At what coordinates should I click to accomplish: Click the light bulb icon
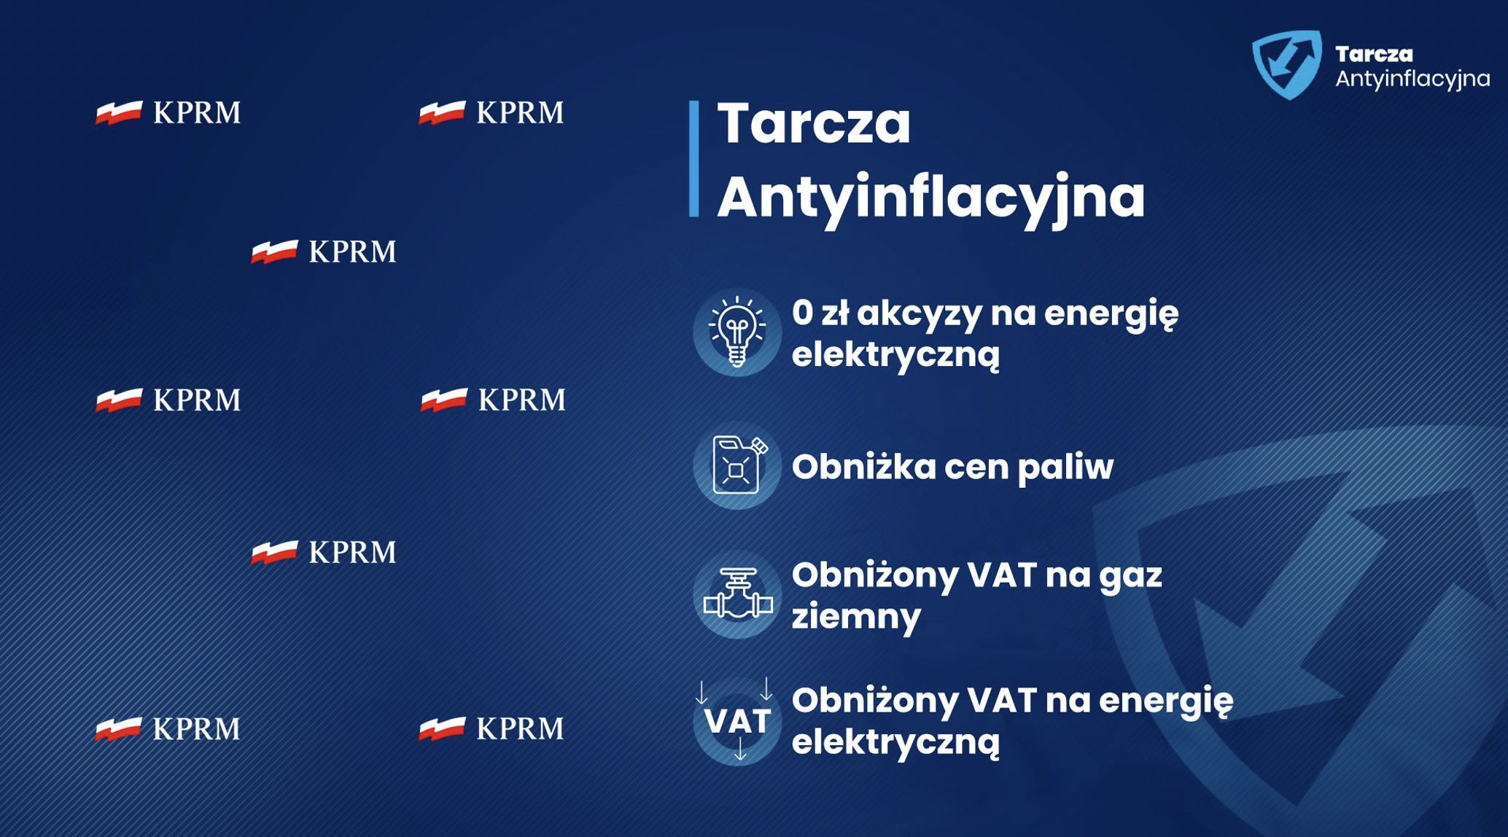(x=737, y=332)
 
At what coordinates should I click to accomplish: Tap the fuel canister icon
(x=737, y=465)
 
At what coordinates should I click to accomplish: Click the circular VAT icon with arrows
(x=737, y=721)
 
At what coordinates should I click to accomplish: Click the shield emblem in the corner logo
(x=1287, y=64)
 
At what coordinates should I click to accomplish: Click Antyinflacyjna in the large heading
(x=930, y=196)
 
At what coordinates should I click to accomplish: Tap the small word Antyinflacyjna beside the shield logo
(x=1412, y=79)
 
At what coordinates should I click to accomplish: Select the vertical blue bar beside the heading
(x=693, y=158)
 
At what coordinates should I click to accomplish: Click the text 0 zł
(x=820, y=313)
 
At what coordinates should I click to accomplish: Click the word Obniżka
(x=863, y=467)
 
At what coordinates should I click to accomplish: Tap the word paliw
(x=1065, y=467)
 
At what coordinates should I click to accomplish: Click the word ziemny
(x=856, y=617)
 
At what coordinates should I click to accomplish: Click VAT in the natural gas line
(x=1002, y=575)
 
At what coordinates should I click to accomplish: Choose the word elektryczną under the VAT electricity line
(x=895, y=742)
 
